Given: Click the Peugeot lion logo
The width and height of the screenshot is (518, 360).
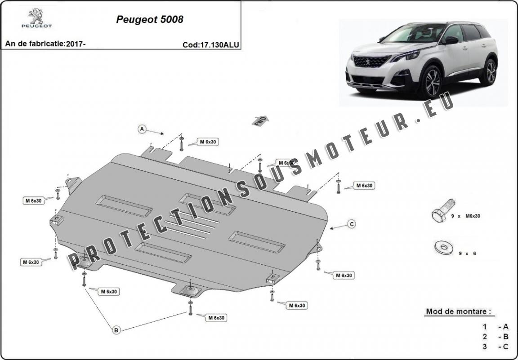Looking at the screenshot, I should click(x=36, y=15).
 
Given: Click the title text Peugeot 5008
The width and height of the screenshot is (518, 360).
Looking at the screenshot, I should click(x=150, y=20).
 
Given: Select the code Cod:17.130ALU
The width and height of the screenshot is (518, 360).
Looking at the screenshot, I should click(x=210, y=45).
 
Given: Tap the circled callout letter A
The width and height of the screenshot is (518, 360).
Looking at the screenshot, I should click(x=142, y=129).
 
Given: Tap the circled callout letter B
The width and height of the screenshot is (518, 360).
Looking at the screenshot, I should click(x=116, y=330).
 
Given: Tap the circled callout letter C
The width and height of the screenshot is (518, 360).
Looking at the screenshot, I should click(x=352, y=224).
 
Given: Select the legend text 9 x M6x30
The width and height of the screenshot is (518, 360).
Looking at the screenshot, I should click(x=466, y=216).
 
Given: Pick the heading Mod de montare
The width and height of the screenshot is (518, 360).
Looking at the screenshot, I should click(x=458, y=311).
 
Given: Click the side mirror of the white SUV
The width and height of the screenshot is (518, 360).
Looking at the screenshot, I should click(x=451, y=40).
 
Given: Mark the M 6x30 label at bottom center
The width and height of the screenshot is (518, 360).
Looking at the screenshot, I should click(x=216, y=318).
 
